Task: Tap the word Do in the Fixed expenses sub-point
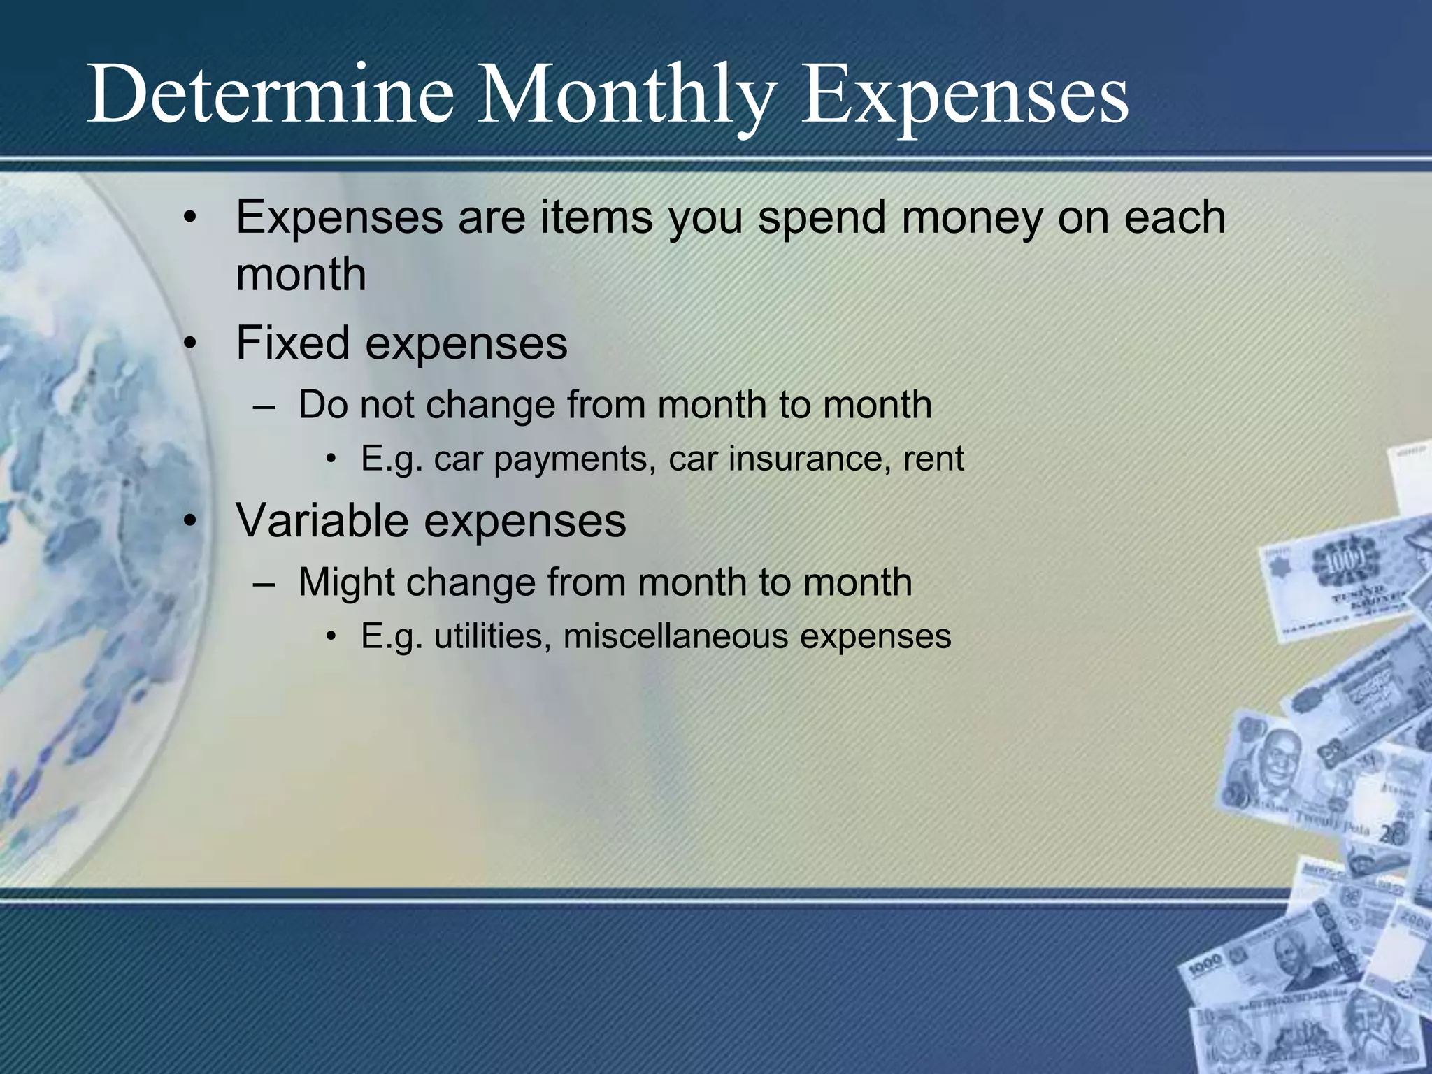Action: pyautogui.click(x=323, y=405)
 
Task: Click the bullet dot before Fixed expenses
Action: pyautogui.click(x=190, y=344)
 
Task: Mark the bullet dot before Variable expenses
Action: pyautogui.click(x=190, y=522)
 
